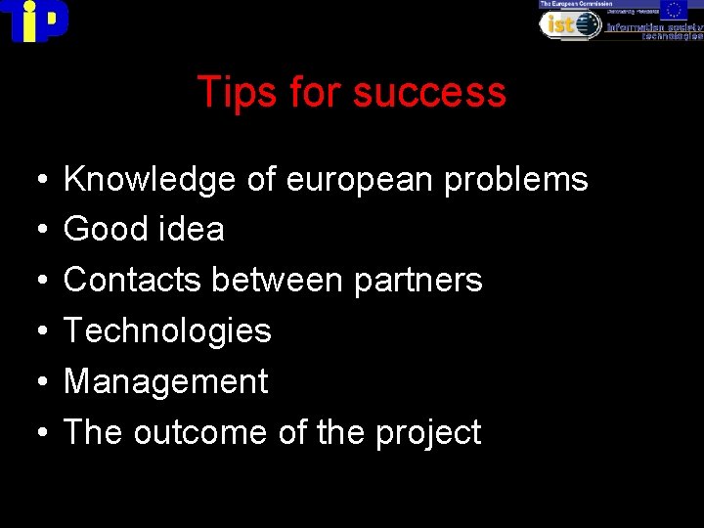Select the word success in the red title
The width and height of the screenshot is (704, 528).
click(429, 93)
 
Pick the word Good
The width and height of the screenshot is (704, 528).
click(99, 230)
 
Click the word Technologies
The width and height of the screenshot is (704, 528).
click(167, 330)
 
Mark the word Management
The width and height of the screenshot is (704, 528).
click(165, 381)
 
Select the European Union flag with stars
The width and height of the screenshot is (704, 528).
click(673, 10)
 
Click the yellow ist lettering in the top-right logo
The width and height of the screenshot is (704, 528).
click(561, 24)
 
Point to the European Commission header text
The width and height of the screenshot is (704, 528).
click(569, 4)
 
